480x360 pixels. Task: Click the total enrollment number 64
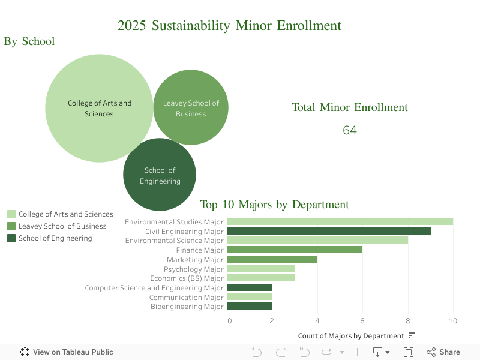click(350, 130)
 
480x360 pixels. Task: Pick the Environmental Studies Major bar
click(340, 221)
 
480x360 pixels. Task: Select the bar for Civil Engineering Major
click(329, 231)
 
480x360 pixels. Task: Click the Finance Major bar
click(295, 250)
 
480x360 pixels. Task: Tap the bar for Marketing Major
click(272, 259)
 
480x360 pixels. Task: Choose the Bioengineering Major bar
click(250, 307)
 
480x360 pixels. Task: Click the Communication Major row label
click(186, 297)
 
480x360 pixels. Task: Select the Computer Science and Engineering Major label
click(154, 288)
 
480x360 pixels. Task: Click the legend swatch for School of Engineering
click(11, 238)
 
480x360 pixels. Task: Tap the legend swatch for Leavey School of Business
click(11, 226)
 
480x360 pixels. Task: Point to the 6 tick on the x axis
click(362, 321)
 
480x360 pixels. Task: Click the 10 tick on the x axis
click(453, 321)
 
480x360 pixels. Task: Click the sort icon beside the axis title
click(411, 335)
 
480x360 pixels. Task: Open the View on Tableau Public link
click(67, 352)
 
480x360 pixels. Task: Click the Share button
click(443, 352)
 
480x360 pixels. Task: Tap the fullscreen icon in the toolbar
click(409, 352)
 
